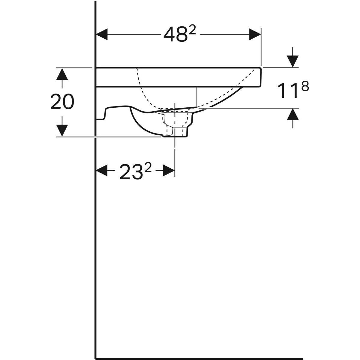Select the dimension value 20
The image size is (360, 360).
coord(62,102)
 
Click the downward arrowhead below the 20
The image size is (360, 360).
coord(62,131)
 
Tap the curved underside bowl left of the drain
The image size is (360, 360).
coord(141,126)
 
